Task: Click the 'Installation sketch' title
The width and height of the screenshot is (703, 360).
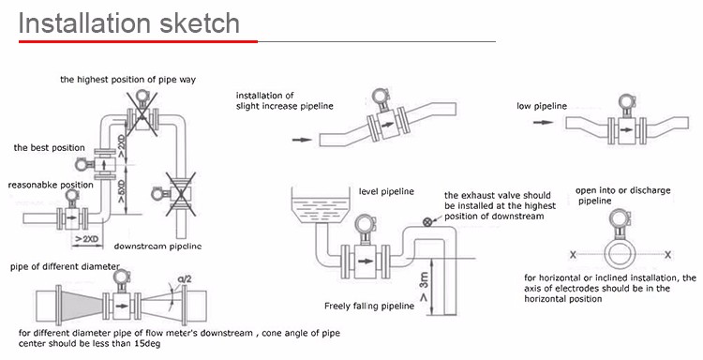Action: pos(129,23)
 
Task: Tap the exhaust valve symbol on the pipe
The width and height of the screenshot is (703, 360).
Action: pos(427,222)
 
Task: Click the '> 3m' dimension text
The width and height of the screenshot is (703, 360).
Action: pos(424,287)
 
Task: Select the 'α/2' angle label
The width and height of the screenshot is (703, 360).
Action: pos(185,279)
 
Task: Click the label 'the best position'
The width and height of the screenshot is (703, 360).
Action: pos(50,148)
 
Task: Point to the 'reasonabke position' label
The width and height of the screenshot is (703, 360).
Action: pos(51,185)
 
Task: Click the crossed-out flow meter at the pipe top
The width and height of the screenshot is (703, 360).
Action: pos(142,113)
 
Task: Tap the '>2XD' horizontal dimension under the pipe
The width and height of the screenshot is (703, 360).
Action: pos(86,239)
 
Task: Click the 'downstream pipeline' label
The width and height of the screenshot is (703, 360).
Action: pos(157,247)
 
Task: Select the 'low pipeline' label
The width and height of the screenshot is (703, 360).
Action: pos(542,106)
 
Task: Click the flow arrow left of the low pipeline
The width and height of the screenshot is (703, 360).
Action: pos(543,122)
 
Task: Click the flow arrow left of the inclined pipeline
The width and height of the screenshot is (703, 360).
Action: pos(302,140)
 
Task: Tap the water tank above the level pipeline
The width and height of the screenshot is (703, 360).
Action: pos(321,205)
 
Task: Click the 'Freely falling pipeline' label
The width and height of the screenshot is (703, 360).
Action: pos(369,307)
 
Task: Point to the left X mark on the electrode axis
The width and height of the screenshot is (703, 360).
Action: pos(573,255)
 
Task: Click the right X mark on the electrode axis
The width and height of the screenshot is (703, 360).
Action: pos(668,255)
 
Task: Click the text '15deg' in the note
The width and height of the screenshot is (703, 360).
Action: pos(146,344)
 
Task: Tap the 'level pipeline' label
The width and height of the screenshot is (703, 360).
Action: pos(386,192)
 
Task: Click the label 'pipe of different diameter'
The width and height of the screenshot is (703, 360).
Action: pos(65,267)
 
